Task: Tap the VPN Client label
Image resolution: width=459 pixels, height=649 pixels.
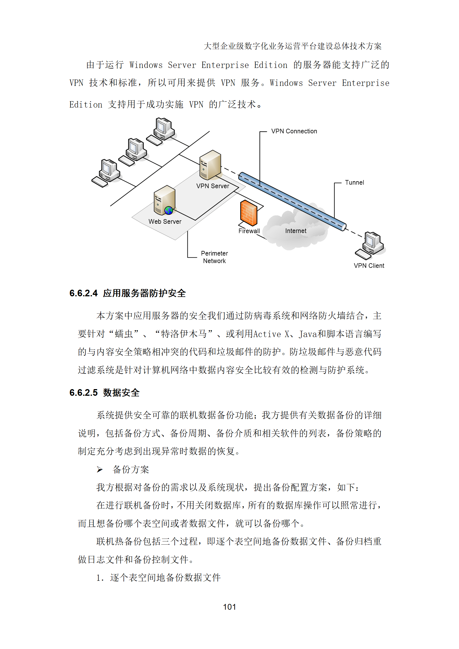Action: coord(369,266)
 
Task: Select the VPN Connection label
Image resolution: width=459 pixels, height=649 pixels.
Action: coord(294,131)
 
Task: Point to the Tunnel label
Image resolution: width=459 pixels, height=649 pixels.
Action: coord(354,182)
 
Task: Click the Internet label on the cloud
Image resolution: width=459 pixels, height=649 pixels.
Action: coord(296,231)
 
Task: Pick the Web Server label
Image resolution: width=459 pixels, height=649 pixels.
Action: coord(165,221)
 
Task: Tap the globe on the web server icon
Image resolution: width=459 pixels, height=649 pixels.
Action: coord(169,210)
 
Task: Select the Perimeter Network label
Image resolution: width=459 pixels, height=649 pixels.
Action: coord(214,257)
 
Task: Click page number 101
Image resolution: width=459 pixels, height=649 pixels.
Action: coord(229,607)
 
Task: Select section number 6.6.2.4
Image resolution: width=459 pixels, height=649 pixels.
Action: coord(84,293)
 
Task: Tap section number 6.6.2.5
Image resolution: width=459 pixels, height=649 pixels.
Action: coord(84,393)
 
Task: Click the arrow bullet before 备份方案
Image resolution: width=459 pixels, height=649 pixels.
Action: coord(100,469)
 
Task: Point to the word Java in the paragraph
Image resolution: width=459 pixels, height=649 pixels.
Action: coord(308,334)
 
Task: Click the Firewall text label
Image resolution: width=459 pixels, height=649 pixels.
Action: coord(249,231)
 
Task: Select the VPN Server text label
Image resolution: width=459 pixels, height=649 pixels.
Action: coord(213,186)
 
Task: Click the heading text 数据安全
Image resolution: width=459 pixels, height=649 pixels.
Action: coord(121,393)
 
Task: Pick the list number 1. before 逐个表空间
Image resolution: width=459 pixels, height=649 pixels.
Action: coord(100,578)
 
